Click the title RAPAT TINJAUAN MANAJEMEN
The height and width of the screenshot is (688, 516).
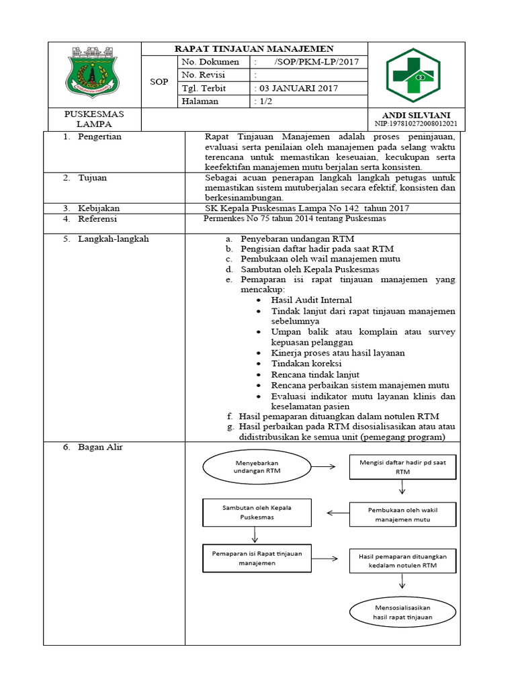(x=254, y=49)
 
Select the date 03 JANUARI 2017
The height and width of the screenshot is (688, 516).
(x=297, y=88)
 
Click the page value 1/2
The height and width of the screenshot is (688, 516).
(x=263, y=101)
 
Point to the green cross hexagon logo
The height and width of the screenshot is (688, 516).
(x=412, y=75)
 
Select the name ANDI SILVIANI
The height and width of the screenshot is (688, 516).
(x=416, y=115)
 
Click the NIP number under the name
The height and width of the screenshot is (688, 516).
(x=416, y=124)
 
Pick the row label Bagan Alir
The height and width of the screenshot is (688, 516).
(x=100, y=447)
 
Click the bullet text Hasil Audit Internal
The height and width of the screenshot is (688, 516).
(x=311, y=300)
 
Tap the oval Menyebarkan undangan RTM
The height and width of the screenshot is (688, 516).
(x=256, y=467)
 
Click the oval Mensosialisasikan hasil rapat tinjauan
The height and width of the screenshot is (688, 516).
(x=402, y=611)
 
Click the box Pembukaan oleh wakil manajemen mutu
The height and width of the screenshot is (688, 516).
(x=402, y=515)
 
